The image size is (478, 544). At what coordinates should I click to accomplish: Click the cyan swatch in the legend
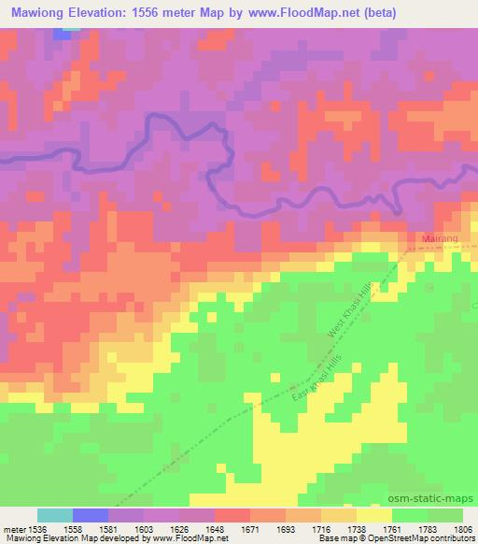pos(55,515)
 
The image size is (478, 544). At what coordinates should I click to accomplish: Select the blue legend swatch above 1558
pos(91,515)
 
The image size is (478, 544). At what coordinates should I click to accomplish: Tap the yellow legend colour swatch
pos(374,515)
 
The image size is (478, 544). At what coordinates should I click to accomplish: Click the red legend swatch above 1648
pos(232,515)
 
